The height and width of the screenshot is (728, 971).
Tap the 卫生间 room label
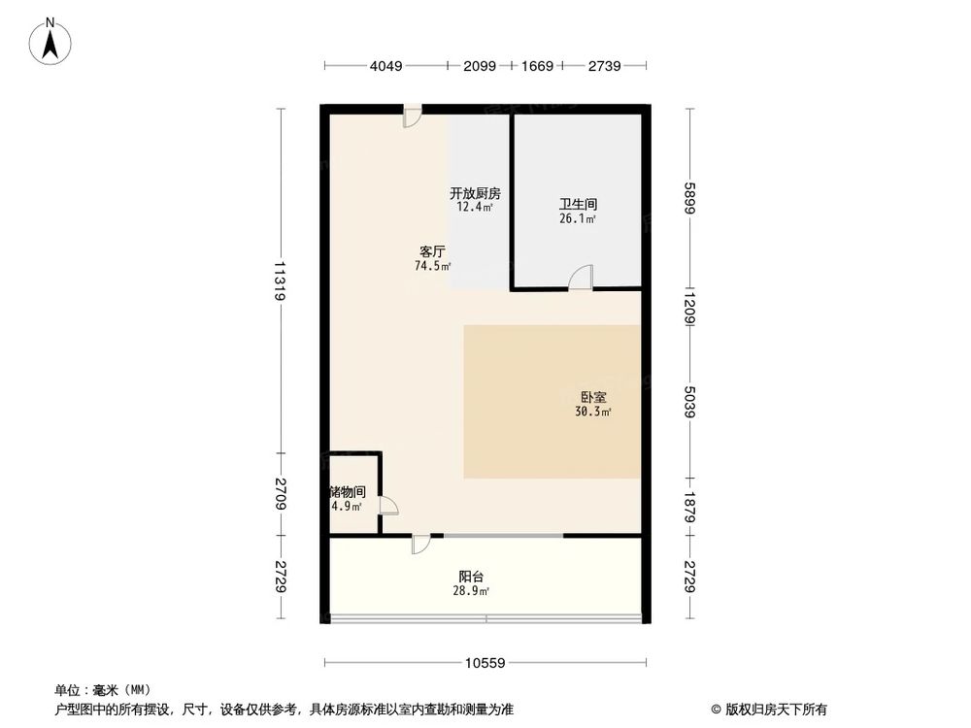click(577, 205)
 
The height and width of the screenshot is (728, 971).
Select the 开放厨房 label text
click(475, 192)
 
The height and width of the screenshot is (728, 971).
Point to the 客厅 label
click(432, 250)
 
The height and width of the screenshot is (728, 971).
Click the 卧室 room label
click(593, 397)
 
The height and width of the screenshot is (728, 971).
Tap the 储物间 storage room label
click(348, 492)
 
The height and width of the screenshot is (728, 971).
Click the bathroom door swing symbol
click(581, 278)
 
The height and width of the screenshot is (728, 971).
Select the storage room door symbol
click(387, 505)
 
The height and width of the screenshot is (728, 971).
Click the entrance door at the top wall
click(413, 116)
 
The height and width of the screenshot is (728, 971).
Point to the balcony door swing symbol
click(419, 544)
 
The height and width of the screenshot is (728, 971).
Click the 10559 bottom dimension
click(485, 664)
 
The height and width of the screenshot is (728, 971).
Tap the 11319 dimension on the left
click(280, 281)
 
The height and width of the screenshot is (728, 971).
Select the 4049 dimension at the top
click(385, 66)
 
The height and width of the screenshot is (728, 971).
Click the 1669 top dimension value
click(537, 66)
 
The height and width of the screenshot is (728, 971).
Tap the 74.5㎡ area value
click(432, 265)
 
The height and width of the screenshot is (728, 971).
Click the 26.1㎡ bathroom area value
click(577, 219)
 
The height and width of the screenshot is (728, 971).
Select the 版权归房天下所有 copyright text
click(774, 709)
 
